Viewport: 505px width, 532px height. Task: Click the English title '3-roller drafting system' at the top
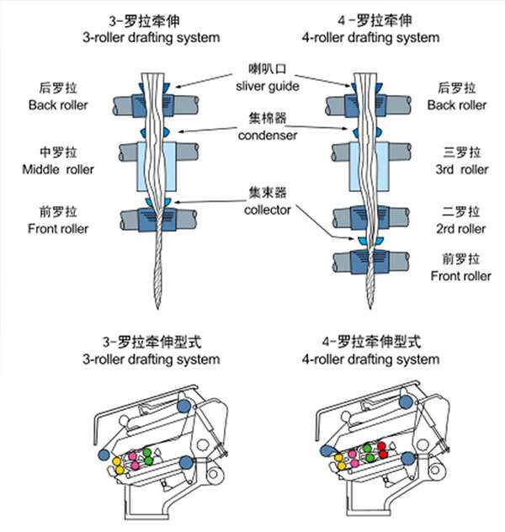coord(151,37)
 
